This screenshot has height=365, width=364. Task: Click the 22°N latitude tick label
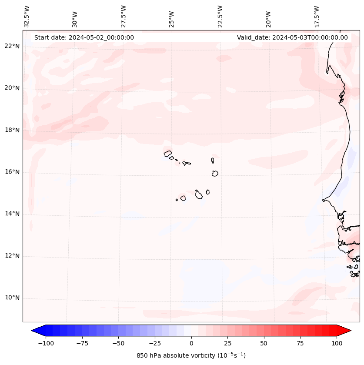[12, 46]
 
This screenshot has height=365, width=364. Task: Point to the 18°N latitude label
[12, 130]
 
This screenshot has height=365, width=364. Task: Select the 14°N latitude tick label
[12, 214]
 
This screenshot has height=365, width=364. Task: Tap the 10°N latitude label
[12, 298]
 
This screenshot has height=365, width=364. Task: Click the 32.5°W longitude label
[27, 16]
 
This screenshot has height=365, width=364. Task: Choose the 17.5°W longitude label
[317, 16]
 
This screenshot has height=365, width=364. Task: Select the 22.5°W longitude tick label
[220, 16]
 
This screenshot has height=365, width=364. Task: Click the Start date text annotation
[84, 37]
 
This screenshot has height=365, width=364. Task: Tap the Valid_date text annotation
[292, 37]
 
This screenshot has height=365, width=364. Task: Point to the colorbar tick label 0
[191, 343]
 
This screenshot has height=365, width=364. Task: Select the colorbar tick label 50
[264, 343]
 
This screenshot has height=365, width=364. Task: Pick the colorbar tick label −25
[155, 343]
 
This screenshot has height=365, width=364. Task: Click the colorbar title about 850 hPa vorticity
[191, 355]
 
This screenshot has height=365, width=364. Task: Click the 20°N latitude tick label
[12, 88]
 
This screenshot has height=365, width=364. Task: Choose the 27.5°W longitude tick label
[124, 16]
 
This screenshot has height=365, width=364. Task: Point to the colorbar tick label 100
[336, 343]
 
